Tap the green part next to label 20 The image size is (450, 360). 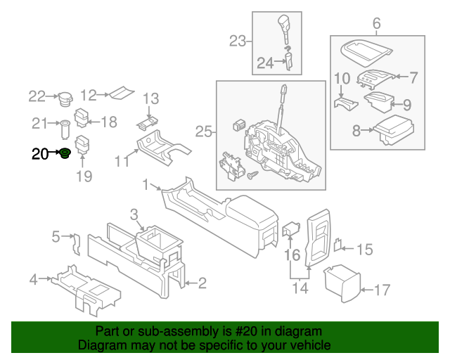click(x=65, y=153)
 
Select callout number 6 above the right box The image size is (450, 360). click(x=376, y=25)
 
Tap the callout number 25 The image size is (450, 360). click(x=203, y=131)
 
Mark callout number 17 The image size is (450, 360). click(x=381, y=289)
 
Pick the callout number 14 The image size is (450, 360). click(x=300, y=287)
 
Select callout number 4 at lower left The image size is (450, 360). click(x=33, y=281)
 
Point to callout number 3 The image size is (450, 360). click(x=134, y=214)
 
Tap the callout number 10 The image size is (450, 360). click(x=342, y=78)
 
